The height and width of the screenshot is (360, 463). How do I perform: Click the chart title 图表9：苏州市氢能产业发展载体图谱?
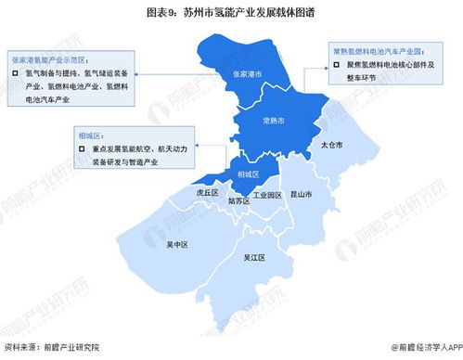point(231,13)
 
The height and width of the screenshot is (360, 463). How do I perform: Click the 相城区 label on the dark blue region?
point(246,173)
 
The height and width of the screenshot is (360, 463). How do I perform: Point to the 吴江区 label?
point(254,258)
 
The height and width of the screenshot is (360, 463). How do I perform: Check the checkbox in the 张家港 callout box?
point(16,71)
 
